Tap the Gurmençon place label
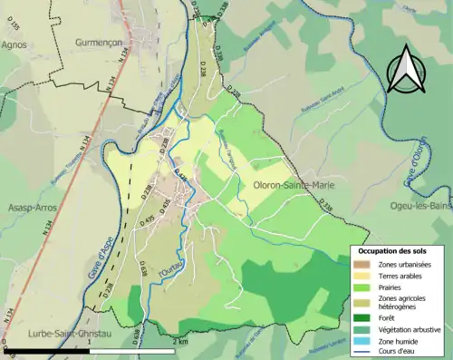(x=99, y=43)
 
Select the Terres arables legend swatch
(x=362, y=276)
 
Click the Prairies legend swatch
(x=362, y=288)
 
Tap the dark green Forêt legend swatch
(x=362, y=317)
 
